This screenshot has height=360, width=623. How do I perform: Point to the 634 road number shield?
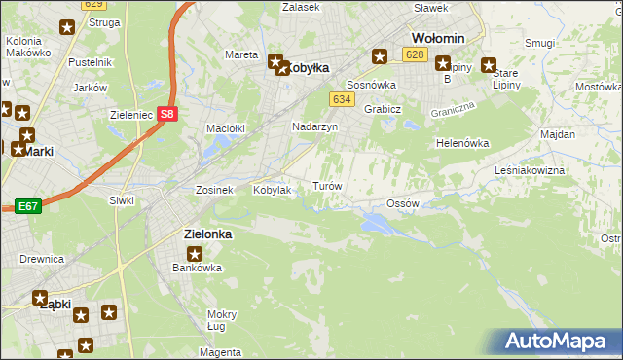click(341, 100)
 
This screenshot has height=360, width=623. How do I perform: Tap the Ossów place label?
click(402, 203)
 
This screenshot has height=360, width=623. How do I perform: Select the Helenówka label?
click(461, 143)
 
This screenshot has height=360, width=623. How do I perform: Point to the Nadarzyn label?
click(314, 127)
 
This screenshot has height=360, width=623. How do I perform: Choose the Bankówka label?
click(198, 268)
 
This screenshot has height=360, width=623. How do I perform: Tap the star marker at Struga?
click(66, 28)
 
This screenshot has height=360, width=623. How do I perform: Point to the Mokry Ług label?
click(222, 320)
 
